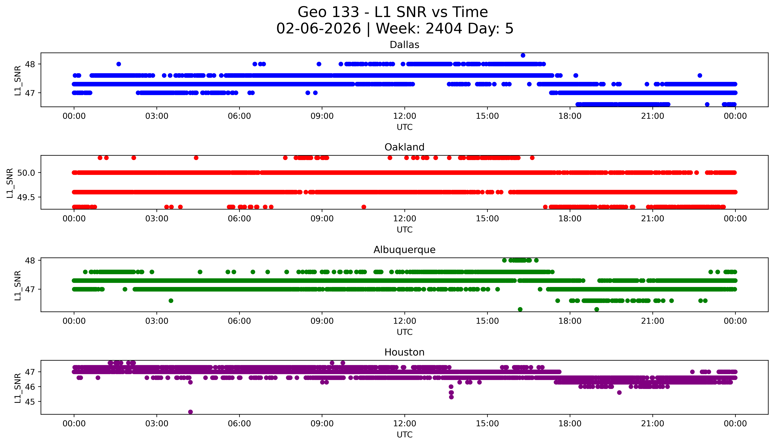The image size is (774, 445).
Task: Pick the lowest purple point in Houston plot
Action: click(190, 412)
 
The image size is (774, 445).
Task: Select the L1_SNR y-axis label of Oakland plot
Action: click(10, 183)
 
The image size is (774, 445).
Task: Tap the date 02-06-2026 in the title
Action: click(319, 28)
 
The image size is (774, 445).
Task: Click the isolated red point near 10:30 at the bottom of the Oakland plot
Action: click(364, 207)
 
